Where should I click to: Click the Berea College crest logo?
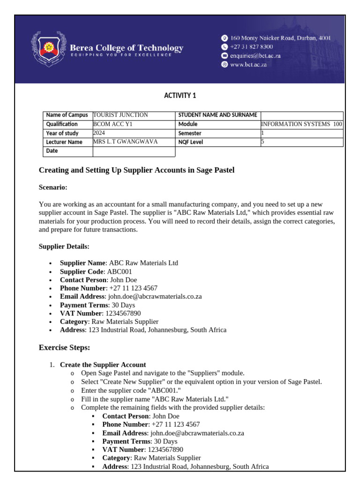48,49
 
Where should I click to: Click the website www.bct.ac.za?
248,65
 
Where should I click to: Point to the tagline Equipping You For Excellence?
121,55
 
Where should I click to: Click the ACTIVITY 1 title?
180,96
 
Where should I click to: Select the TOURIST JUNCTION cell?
121,115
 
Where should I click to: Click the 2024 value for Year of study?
99,133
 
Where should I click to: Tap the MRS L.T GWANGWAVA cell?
126,142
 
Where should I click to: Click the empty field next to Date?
134,151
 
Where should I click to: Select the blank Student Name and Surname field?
301,115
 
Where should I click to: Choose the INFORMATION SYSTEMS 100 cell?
301,124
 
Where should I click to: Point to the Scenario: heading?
53,187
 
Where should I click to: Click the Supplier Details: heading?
64,247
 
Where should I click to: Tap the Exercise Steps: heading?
64,348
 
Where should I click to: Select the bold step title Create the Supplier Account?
103,365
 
